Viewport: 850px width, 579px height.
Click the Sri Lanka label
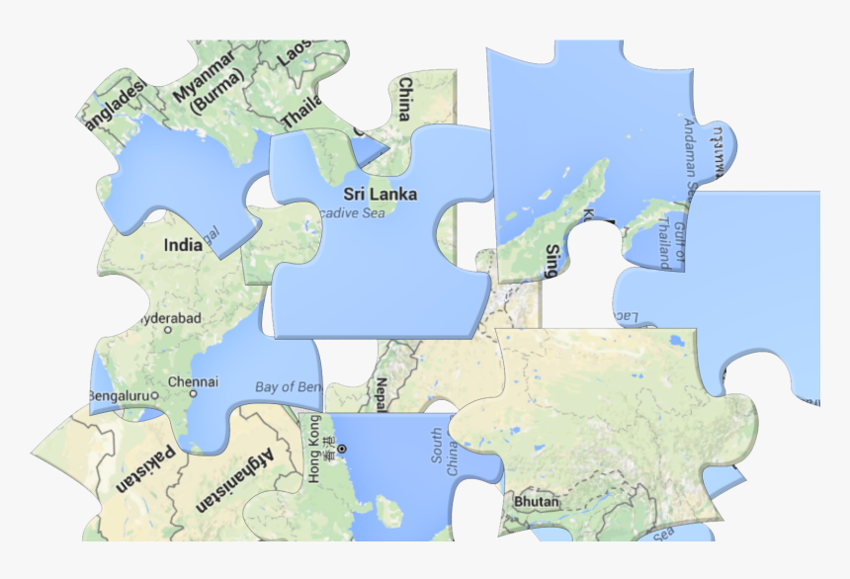[381, 194]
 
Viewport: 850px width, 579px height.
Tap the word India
[183, 245]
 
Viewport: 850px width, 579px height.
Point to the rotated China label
[404, 99]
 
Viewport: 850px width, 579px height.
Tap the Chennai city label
[193, 381]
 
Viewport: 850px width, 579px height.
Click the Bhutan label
[537, 502]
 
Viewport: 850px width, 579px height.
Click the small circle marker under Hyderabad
[168, 330]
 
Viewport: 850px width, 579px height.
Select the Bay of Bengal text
[288, 387]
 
